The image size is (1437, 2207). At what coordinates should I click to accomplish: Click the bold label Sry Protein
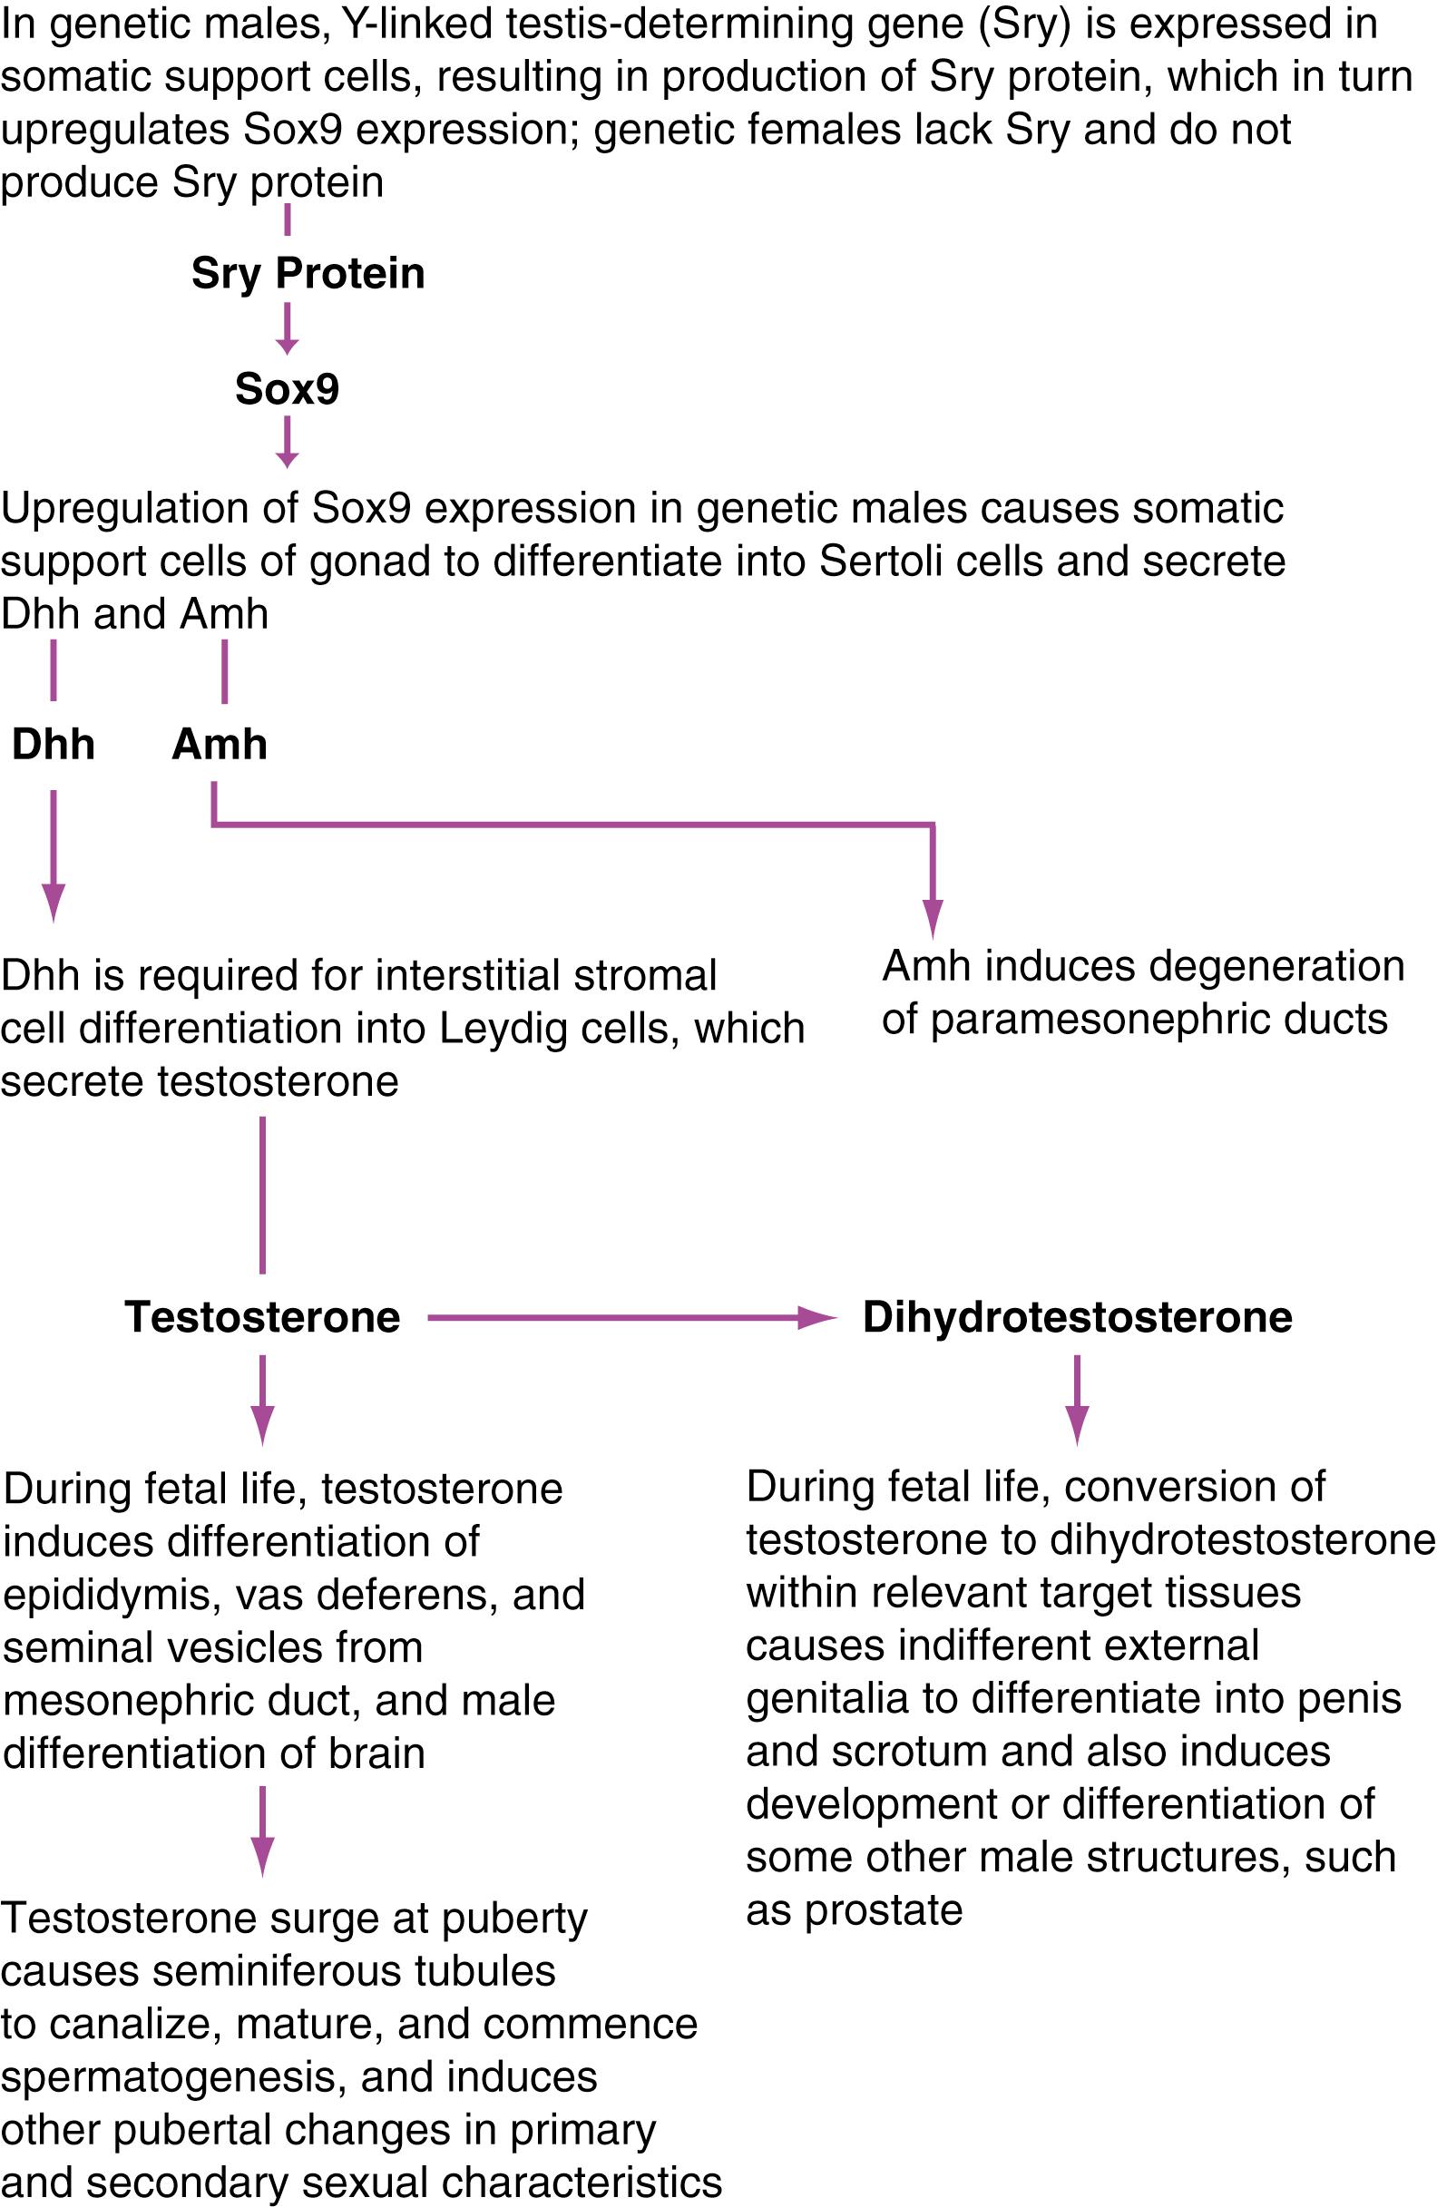pyautogui.click(x=308, y=274)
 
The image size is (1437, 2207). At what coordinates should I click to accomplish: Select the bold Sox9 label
pyautogui.click(x=287, y=388)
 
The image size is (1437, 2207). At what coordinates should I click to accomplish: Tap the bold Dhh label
pyautogui.click(x=53, y=745)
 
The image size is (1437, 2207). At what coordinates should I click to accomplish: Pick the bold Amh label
pyautogui.click(x=220, y=745)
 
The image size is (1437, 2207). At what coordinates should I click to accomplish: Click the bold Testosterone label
pyautogui.click(x=262, y=1317)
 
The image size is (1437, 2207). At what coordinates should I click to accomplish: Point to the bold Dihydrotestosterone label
pyautogui.click(x=1077, y=1317)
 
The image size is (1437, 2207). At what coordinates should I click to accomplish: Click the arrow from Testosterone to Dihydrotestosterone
pyautogui.click(x=631, y=1317)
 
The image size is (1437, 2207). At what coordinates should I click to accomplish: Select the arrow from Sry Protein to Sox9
pyautogui.click(x=287, y=329)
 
